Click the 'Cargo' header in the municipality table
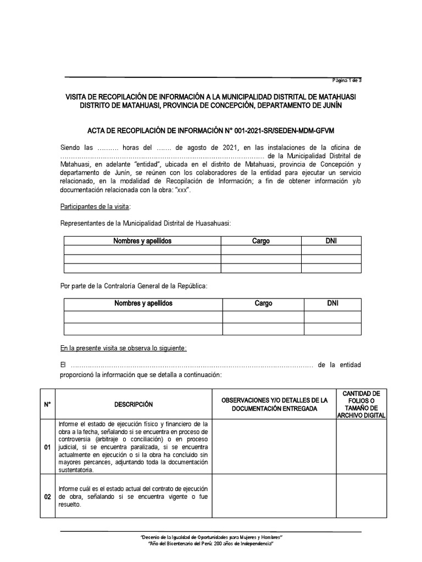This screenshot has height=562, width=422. click(260, 241)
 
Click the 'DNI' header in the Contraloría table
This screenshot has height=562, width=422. click(332, 303)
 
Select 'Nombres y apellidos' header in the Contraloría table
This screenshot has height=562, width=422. click(143, 303)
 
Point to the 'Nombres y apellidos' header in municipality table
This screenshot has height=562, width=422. click(142, 241)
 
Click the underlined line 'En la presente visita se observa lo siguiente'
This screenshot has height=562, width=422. click(124, 349)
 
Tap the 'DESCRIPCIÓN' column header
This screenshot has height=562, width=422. click(134, 404)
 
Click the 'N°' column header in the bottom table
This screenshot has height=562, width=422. click(47, 404)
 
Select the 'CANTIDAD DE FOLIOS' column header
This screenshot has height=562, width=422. click(361, 404)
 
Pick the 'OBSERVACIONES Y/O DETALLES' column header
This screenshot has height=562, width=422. click(274, 404)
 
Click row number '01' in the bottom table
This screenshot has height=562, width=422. click(47, 447)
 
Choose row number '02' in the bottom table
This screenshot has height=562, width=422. click(47, 497)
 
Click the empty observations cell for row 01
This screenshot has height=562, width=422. click(274, 447)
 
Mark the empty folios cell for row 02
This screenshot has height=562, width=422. click(361, 497)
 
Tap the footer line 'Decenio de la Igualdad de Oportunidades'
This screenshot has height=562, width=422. click(212, 536)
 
